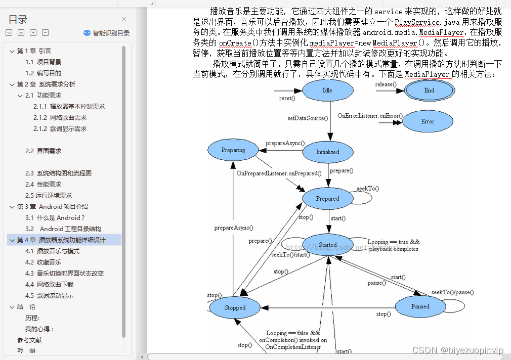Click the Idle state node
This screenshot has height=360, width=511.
click(327, 91)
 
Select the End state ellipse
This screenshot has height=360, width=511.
click(429, 91)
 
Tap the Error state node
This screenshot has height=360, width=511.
click(428, 121)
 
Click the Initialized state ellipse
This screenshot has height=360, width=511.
click(327, 152)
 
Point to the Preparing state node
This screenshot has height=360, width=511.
click(233, 150)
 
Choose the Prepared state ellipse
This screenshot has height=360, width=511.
click(327, 199)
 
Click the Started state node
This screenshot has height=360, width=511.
click(327, 245)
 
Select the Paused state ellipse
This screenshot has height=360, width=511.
click(420, 306)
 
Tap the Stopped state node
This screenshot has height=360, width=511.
click(235, 307)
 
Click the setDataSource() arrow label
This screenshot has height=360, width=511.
click(308, 118)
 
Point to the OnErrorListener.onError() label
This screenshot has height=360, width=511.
click(370, 116)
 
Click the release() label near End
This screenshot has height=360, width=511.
click(386, 84)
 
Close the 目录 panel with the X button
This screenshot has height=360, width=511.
click(124, 19)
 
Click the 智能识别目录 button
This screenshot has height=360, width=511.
click(107, 33)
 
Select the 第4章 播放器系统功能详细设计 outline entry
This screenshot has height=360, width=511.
click(61, 240)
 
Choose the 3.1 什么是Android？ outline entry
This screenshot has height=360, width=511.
click(56, 218)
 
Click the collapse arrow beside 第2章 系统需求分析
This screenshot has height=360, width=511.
click(12, 84)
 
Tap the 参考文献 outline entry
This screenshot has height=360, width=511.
click(29, 340)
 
